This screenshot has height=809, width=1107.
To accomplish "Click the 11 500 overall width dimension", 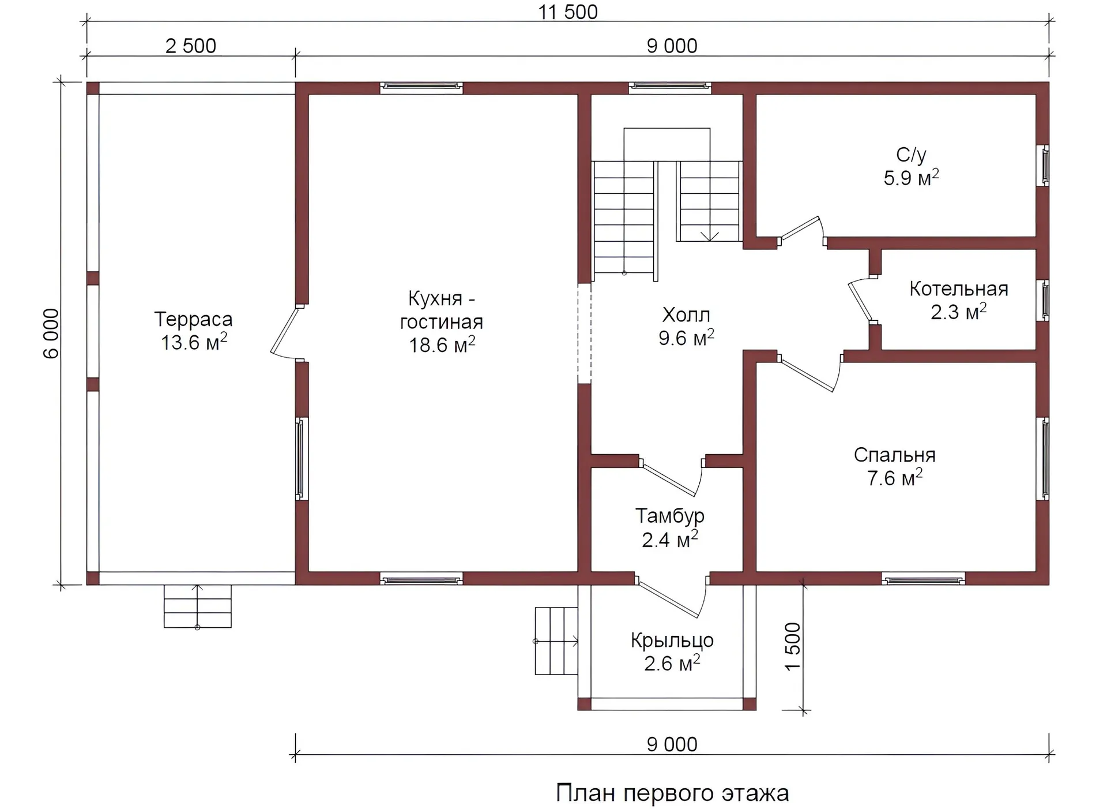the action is pos(568,12).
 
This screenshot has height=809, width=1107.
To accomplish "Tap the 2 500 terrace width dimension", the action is pos(191,46).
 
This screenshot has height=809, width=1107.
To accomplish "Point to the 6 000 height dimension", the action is pos(51,334).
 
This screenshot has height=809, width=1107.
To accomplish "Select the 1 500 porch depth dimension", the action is pos(793,646).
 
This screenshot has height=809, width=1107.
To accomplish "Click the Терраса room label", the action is pos(194,319).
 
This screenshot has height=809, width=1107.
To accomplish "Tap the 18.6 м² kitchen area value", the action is pos(442,344).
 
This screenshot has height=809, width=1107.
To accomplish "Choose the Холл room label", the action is pos(686,315).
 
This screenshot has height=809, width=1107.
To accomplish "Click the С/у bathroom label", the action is pos(911,155).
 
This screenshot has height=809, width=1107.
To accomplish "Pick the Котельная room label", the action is pos(959,289).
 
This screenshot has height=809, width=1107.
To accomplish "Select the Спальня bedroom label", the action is pos(894,455).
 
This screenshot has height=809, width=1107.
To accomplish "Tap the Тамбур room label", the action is pos(669,516).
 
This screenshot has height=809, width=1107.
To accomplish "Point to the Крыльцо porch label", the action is pos(672,641).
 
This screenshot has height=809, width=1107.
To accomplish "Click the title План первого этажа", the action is pos(672,793).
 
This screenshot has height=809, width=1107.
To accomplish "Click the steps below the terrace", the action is pos(198,606).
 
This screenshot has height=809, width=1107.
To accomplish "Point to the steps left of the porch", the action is pos(556,641).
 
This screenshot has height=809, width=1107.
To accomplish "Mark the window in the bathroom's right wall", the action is pos(1045,165).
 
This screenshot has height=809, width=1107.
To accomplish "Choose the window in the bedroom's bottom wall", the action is pos(923,579).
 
